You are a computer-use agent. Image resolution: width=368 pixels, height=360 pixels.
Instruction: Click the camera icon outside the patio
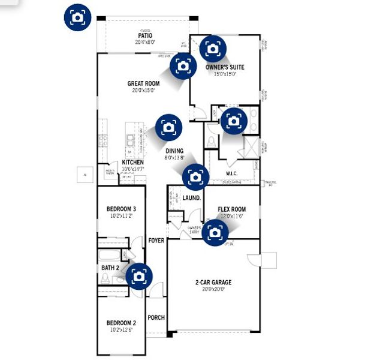pos(77,17)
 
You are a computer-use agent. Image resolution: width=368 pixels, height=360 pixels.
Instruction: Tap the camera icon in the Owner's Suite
pos(213,48)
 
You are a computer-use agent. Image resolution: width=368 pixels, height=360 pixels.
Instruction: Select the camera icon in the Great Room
pos(182,66)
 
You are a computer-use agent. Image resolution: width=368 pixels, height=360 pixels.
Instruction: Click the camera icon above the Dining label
pos(168,127)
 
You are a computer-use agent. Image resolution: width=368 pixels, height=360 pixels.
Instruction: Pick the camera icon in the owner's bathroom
pos(232,121)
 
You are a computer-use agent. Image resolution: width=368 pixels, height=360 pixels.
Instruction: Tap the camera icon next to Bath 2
pos(139,276)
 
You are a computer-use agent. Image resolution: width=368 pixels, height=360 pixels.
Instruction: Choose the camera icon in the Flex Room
pos(215,232)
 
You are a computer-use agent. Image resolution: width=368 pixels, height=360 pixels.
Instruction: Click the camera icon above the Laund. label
pos(194,176)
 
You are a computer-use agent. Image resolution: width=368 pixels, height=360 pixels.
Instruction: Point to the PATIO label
pos(144,36)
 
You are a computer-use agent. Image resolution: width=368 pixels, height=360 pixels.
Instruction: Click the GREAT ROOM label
pos(144,83)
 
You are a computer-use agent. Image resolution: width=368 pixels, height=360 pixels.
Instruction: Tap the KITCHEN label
pos(132,163)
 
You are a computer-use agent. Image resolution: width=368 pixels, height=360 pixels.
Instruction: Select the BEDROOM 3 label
pos(122,209)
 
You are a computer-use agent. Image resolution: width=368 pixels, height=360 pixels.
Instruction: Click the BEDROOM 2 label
pos(122,323)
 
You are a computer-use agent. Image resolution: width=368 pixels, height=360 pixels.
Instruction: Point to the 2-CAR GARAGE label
pos(213,282)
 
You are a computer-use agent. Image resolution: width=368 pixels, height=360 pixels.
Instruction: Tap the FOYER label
pos(156,241)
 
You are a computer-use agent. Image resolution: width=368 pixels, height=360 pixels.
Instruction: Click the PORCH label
pos(156,318)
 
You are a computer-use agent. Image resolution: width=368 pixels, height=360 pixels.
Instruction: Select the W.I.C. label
pos(234,174)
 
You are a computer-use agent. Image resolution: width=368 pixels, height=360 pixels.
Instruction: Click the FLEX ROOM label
pos(231,209)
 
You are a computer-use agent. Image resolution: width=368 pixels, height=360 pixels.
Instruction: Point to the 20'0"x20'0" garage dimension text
pos(213,289)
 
